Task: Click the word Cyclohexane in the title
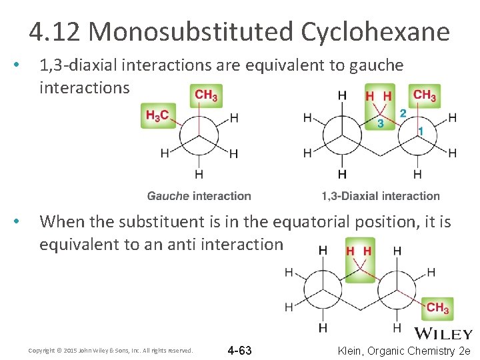[x=375, y=31]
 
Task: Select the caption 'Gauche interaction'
[x=199, y=196]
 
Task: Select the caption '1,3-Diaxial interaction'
[x=380, y=196]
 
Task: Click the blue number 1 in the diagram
[x=421, y=131]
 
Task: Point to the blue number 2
[x=403, y=113]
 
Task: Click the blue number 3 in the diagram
[x=380, y=123]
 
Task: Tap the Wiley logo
[x=444, y=333]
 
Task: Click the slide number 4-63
[x=239, y=350]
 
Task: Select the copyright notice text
[x=111, y=350]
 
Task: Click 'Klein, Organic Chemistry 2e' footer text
[x=404, y=350]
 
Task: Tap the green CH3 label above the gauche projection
[x=206, y=95]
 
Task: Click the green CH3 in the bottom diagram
[x=437, y=307]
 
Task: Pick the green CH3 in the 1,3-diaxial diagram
[x=425, y=95]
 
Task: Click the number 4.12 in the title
[x=55, y=31]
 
